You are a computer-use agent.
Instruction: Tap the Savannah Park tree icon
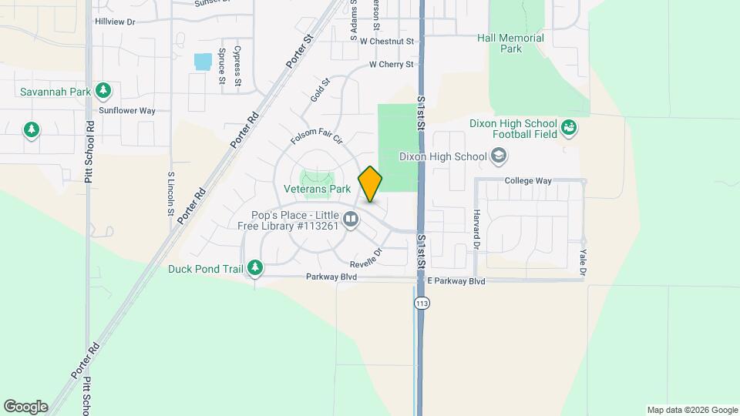[103, 92]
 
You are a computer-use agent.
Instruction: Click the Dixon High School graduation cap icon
[499, 157]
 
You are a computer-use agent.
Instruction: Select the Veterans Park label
[318, 188]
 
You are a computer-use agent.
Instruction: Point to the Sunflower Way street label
[127, 111]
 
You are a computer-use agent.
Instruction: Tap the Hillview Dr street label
[115, 22]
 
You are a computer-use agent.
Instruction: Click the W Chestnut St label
[387, 41]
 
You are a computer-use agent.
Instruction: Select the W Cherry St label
[392, 65]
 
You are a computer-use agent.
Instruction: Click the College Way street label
[528, 181]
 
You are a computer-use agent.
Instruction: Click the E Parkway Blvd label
[456, 282]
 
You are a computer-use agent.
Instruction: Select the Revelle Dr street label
[367, 257]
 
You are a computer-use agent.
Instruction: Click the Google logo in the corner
[25, 407]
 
